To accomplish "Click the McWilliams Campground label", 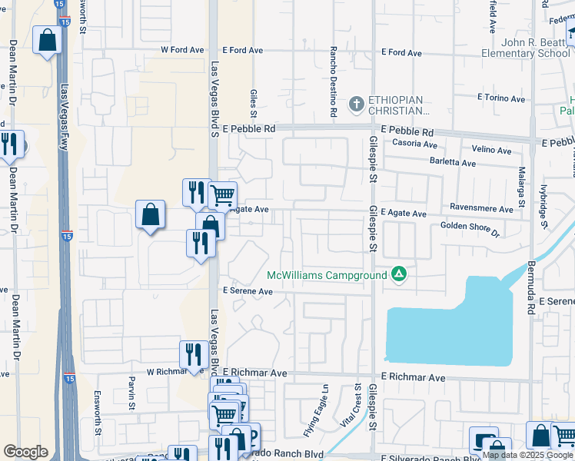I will (x=327, y=275).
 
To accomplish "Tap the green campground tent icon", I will (x=398, y=274).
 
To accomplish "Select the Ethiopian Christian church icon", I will (x=356, y=103).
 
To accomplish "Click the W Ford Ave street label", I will (x=182, y=50).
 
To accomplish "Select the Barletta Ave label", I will (x=454, y=163).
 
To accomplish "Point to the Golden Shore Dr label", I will (x=470, y=226).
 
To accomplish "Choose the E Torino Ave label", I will (x=500, y=98).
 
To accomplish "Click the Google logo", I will (x=25, y=452).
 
